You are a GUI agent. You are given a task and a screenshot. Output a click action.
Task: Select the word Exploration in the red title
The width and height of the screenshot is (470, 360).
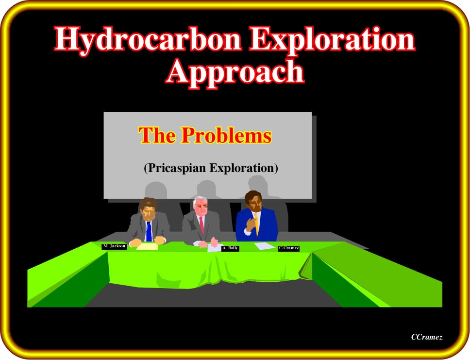click(333, 40)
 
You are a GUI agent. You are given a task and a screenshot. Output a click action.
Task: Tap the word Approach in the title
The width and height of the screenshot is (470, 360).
click(235, 72)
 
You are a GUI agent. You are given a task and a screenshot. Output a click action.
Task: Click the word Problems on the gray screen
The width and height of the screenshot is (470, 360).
click(227, 135)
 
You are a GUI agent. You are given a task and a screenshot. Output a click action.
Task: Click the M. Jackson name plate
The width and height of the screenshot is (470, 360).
click(114, 246)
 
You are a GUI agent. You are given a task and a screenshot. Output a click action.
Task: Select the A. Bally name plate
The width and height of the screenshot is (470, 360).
click(230, 248)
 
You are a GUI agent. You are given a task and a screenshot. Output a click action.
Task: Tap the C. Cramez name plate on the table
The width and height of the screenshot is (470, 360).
click(289, 248)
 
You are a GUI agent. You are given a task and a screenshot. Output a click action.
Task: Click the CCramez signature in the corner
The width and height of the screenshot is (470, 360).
click(426, 337)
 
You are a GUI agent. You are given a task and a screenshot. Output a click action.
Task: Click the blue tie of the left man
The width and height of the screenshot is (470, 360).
click(149, 231)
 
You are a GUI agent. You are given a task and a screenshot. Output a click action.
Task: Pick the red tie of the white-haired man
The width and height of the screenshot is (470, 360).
click(201, 225)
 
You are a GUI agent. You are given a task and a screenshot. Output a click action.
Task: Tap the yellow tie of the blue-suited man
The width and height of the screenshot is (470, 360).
click(256, 224)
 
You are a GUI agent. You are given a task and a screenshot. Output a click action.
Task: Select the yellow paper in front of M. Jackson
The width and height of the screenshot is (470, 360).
click(147, 247)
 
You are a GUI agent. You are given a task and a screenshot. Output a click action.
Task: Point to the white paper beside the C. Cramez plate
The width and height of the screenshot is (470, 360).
click(264, 246)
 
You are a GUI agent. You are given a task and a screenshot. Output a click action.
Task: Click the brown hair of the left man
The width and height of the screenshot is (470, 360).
click(148, 203)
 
